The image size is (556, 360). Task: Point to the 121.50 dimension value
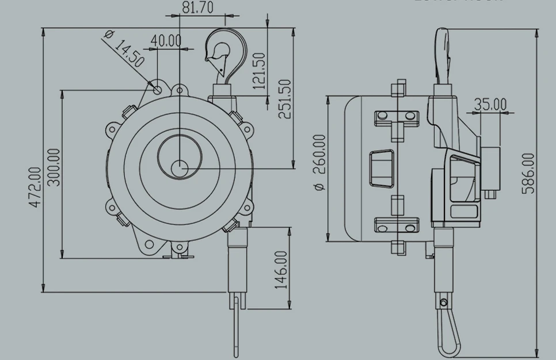pos(260,71)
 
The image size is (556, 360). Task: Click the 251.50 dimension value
pos(284,98)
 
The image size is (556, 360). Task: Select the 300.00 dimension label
pos(54,167)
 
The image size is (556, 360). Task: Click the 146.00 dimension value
pos(281,270)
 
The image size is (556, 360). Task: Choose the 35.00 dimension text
pos(490,105)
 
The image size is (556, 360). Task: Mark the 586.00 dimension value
pos(528,173)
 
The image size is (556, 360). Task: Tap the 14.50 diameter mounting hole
pos(157,89)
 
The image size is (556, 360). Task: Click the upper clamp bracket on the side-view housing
pos(395,118)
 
